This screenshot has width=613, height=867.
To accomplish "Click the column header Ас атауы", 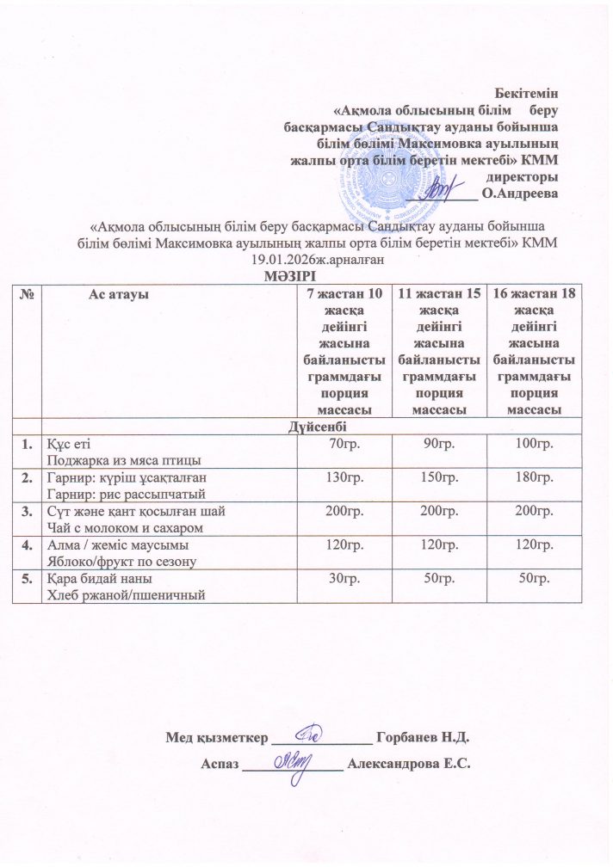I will pos(118,294).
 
